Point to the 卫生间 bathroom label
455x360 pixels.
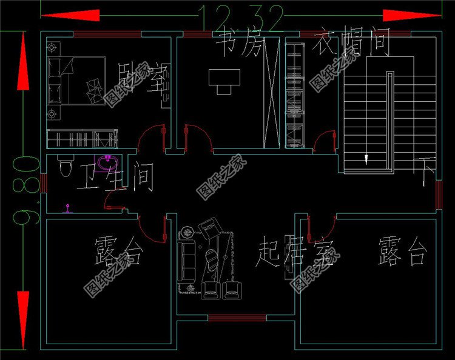(115, 178)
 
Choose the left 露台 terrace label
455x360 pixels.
(118, 252)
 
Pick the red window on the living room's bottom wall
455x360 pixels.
(237, 318)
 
